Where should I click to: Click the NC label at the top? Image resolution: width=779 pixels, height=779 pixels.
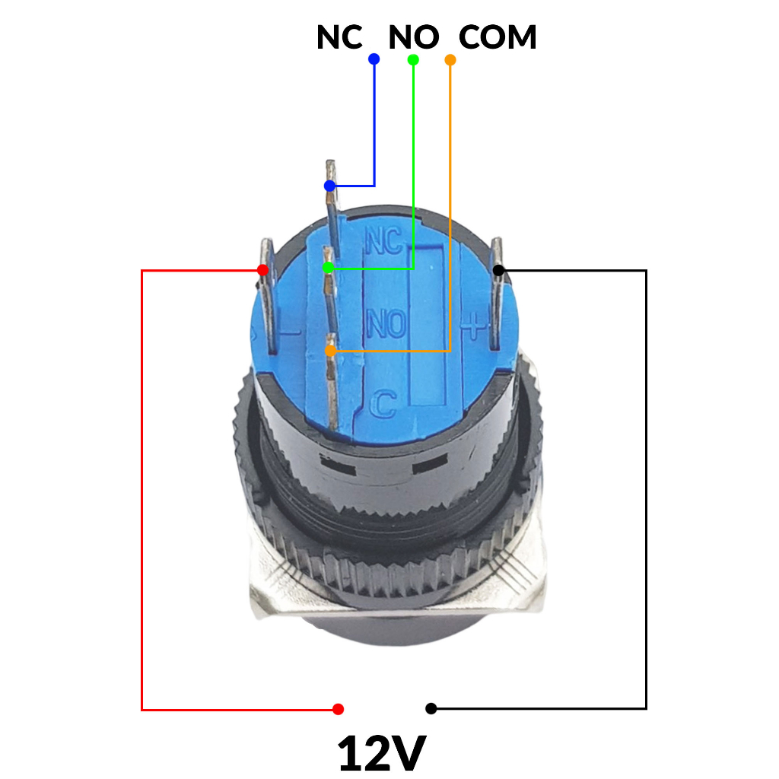(340, 37)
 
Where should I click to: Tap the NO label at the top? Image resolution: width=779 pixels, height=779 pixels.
(414, 37)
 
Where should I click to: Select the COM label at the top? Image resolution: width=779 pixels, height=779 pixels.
(498, 37)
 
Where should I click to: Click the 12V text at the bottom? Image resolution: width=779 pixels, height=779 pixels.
(382, 752)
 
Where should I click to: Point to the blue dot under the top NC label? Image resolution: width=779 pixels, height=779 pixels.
(374, 59)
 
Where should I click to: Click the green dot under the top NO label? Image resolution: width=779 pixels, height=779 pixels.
(413, 59)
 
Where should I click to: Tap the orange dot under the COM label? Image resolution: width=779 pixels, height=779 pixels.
(450, 60)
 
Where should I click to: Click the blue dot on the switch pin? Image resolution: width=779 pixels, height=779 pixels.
(329, 186)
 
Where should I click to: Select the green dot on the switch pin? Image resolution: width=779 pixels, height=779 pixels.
(328, 269)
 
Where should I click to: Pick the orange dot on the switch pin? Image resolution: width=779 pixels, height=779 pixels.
(330, 351)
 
